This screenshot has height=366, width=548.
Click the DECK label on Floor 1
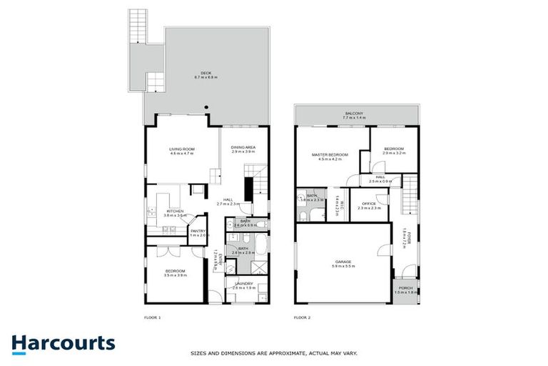(x=205, y=73)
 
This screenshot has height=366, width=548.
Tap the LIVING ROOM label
(x=183, y=149)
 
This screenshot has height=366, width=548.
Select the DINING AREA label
(x=243, y=147)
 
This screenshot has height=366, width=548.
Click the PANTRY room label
(x=198, y=230)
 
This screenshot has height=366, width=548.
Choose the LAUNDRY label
(x=243, y=283)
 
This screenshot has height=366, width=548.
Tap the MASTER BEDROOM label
(x=330, y=154)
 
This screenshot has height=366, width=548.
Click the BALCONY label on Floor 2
(x=355, y=114)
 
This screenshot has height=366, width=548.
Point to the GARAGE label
(x=344, y=262)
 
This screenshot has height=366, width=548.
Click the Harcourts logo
(x=64, y=342)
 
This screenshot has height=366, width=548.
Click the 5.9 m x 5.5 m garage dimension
(x=344, y=266)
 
